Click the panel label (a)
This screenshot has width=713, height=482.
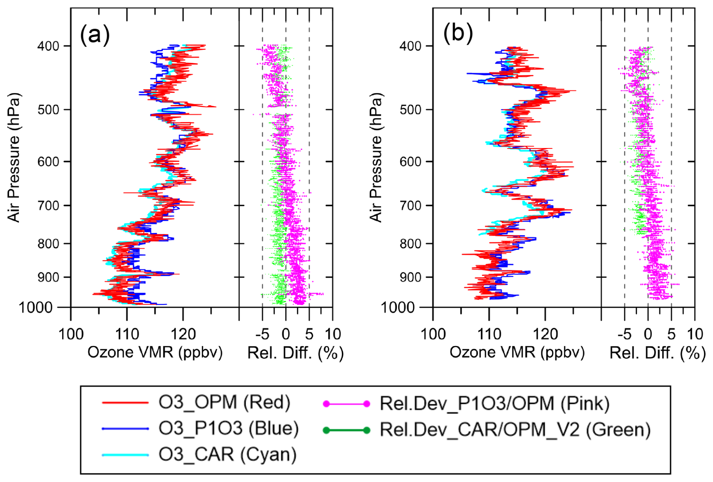coord(95,35)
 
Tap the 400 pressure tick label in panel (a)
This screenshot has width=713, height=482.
coord(48,46)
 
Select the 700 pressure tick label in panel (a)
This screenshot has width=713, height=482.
coord(48,206)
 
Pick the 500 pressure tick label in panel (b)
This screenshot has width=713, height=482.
coord(410,110)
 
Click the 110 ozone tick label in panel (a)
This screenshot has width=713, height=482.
coord(127,334)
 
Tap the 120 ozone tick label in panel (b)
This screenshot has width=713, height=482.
coord(545,334)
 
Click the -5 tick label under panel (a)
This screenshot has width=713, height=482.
coord(262,334)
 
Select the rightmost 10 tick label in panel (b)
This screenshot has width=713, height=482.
coord(695,334)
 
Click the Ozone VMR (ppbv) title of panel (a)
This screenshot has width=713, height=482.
coord(155,353)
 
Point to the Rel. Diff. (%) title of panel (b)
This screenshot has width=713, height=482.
coord(657,353)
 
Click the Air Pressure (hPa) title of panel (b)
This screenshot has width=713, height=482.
coord(376,157)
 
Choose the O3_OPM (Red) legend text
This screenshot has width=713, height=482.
coord(224,402)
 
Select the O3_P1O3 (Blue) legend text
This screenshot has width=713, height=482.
coord(228,428)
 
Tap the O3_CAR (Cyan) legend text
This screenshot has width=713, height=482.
coord(227,454)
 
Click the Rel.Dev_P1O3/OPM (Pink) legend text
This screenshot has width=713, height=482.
coord(494,403)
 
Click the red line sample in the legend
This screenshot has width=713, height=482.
coord(125,403)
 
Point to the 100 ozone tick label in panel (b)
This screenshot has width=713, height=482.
coord(433,334)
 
